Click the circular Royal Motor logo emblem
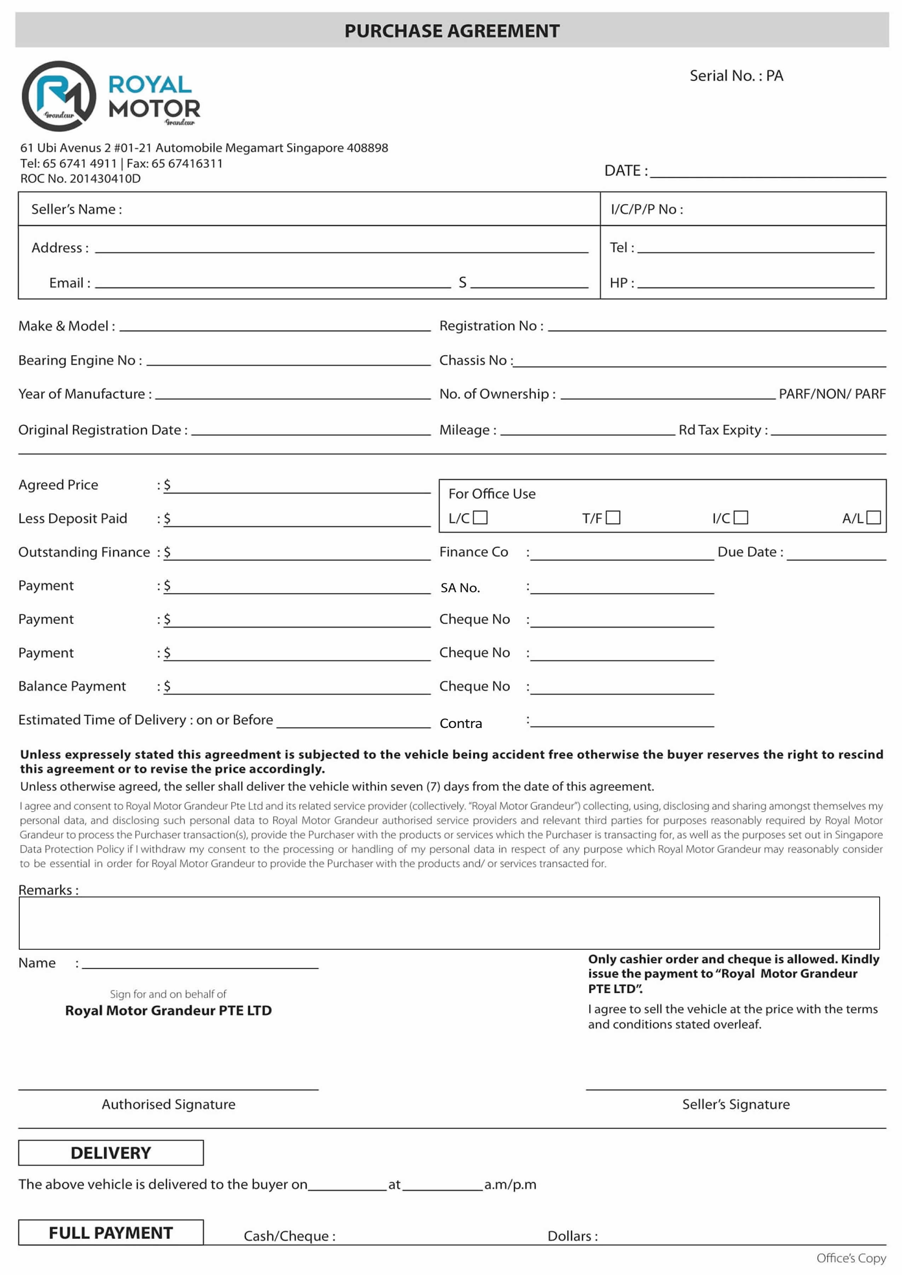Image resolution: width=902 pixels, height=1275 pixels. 59,96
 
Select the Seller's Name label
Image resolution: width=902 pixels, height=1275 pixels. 77,209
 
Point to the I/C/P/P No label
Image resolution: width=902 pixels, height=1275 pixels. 647,209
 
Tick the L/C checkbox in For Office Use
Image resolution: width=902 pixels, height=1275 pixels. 480,518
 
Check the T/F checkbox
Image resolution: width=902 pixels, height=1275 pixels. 613,518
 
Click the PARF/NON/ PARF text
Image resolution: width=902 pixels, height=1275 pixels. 832,394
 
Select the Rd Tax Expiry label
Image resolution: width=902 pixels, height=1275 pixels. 723,430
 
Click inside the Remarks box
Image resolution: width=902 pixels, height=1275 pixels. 449,922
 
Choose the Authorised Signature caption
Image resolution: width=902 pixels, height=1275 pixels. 168,1104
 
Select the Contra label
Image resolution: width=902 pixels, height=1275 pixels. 461,723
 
